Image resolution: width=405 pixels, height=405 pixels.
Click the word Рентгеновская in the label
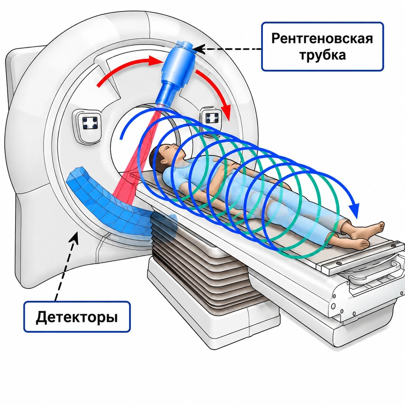[x=322, y=38]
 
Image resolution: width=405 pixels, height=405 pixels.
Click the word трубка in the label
[x=322, y=55]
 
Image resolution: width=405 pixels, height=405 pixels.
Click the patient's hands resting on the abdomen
[x=230, y=166]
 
